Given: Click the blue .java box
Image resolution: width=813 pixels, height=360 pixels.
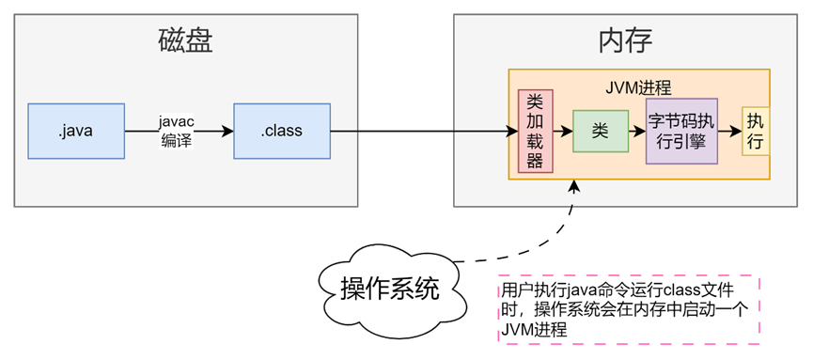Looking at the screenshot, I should click(76, 130).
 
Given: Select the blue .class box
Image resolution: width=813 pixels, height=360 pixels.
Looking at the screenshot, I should click(282, 130).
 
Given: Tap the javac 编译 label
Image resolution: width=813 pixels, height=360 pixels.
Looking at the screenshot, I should click(175, 131).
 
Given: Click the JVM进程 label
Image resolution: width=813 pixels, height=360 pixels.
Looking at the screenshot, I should click(639, 86).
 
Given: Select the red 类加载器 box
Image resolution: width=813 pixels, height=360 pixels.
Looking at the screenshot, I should click(535, 131).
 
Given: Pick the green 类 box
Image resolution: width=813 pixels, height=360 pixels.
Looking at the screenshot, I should click(601, 131).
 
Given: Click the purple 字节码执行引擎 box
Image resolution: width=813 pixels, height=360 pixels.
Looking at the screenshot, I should click(681, 131).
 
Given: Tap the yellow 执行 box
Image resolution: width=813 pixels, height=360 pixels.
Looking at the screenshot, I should click(755, 131).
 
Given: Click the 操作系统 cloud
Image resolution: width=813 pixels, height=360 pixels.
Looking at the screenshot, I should click(389, 288).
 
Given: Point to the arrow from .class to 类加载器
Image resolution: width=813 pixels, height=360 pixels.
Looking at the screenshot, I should click(423, 131).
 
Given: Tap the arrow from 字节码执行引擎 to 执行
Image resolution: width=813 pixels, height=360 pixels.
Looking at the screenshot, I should click(729, 131).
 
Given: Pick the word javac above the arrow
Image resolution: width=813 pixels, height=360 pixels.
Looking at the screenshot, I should click(175, 121).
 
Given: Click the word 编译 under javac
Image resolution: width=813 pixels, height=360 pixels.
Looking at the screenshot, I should click(175, 140).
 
